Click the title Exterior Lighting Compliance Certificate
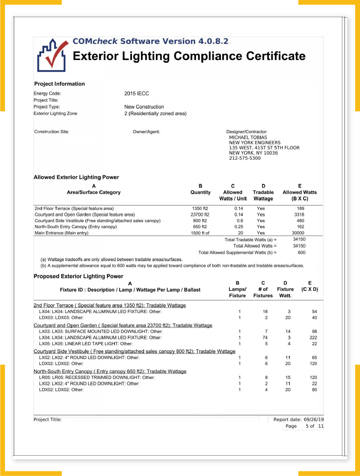(x=189, y=56)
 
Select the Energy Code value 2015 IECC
(x=136, y=93)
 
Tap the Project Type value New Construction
(x=144, y=107)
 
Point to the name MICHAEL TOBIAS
(x=248, y=137)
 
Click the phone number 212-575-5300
(x=245, y=158)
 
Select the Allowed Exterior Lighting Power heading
(x=76, y=177)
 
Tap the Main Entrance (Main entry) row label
(x=61, y=233)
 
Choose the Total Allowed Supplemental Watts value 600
(x=301, y=252)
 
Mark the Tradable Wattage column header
(x=263, y=195)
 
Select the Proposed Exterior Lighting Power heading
(x=79, y=276)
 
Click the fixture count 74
(x=266, y=337)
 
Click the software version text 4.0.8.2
(x=213, y=42)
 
